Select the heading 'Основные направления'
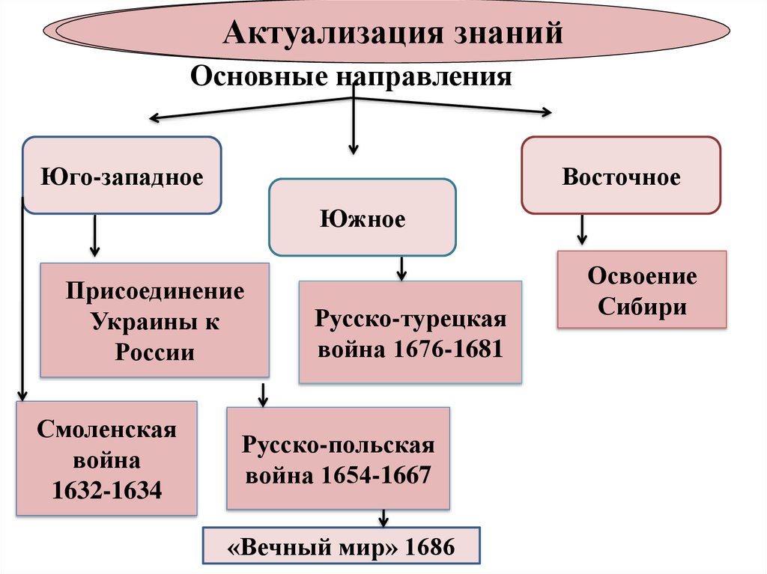[x=352, y=76]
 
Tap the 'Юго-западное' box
[x=123, y=178]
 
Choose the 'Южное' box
[x=363, y=219]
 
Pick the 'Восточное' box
[x=621, y=177]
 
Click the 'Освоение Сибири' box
[x=642, y=290]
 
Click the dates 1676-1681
[x=448, y=349]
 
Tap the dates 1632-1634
[x=107, y=490]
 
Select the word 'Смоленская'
[x=107, y=430]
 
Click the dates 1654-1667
[x=376, y=475]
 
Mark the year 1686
[x=429, y=547]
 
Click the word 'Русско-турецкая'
[x=410, y=319]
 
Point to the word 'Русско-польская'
[x=338, y=445]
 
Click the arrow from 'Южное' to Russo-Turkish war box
[x=401, y=268]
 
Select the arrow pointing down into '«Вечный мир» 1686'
[x=383, y=518]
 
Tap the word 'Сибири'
[x=642, y=307]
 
